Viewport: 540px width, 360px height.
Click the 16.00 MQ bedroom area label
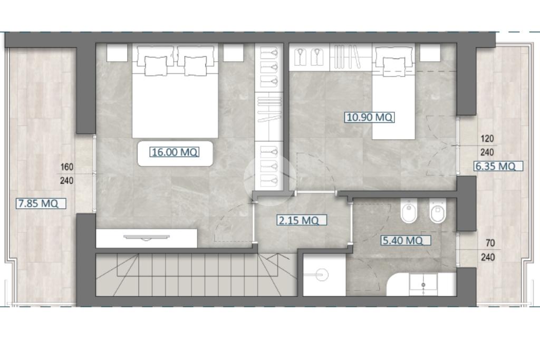175,152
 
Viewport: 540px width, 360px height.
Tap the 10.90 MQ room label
370,118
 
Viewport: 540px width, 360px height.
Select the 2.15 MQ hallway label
302,220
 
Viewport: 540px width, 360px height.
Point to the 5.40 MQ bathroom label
406,240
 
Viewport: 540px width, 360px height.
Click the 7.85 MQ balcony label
41,203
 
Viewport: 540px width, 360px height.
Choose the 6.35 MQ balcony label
498,166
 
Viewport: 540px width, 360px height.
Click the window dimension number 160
67,167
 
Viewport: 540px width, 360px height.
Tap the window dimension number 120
487,139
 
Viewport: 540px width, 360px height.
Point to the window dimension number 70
490,243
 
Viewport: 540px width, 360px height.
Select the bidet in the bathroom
409,210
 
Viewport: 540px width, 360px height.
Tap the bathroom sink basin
423,285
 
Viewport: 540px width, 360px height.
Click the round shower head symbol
322,275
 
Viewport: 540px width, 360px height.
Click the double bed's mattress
175,103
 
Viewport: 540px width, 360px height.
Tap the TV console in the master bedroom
147,238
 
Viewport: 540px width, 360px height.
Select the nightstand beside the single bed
430,53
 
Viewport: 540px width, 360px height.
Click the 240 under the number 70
488,257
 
